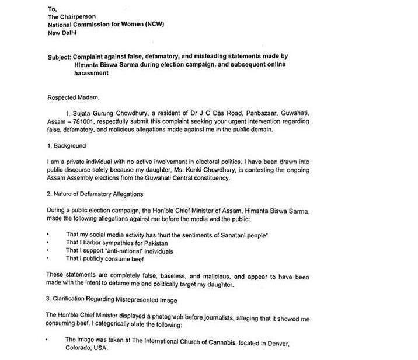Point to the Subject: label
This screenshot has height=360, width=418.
pos(60,57)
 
